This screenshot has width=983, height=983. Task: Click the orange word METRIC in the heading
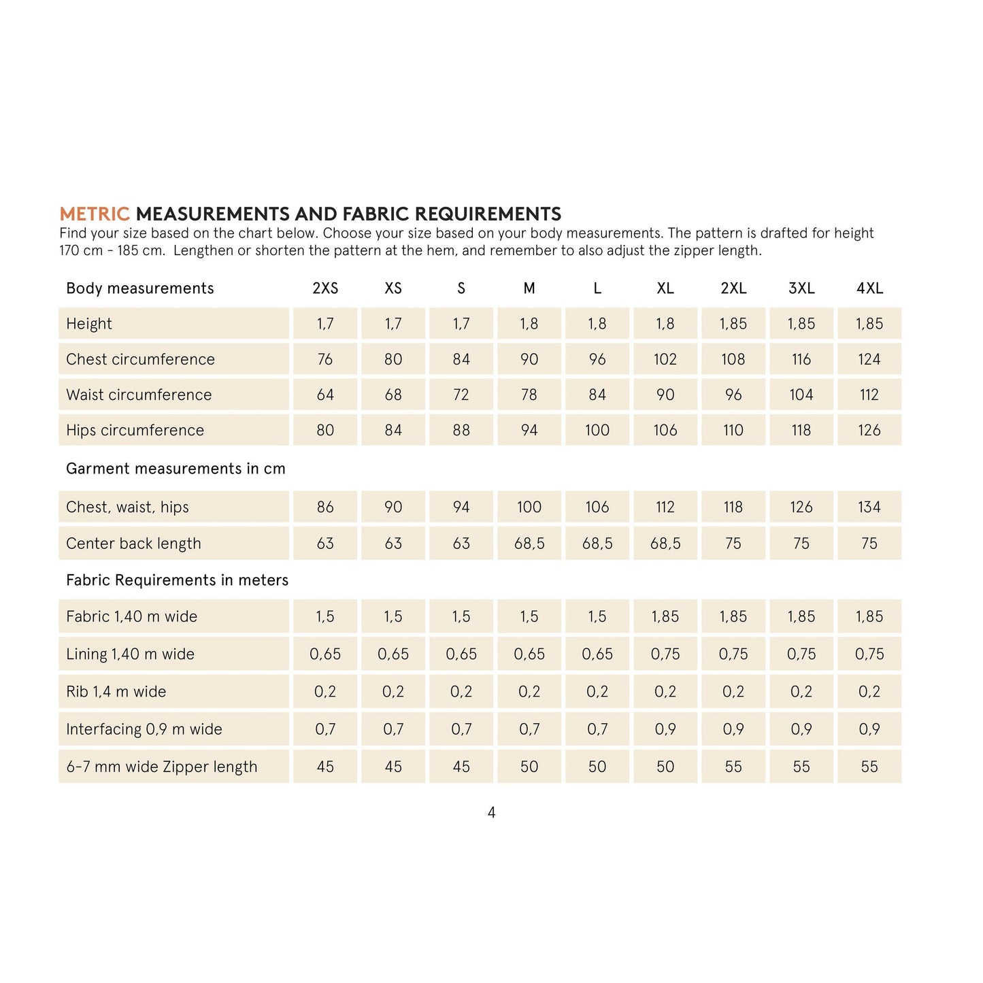[95, 214]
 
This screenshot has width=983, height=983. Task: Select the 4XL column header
[869, 288]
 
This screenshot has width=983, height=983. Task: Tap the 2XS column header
[325, 288]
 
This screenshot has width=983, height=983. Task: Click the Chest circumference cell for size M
[529, 359]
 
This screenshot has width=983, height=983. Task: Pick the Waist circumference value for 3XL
[801, 395]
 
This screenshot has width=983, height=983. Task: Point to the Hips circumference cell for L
[597, 430]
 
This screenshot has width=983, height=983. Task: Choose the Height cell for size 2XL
[733, 324]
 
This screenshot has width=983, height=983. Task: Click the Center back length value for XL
[665, 544]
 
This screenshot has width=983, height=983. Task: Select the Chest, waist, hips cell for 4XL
[869, 507]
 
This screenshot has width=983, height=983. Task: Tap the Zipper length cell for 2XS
[325, 767]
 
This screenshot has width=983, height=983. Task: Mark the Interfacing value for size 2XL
[733, 729]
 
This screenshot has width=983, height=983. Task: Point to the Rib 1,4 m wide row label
[116, 692]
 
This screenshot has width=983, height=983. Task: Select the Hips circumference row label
[135, 430]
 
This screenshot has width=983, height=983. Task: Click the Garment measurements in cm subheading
[176, 469]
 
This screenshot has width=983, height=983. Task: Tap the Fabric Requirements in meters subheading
[177, 580]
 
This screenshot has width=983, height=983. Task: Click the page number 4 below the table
[492, 812]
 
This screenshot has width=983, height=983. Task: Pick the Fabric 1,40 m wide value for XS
[393, 616]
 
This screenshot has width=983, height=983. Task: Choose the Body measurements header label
[139, 288]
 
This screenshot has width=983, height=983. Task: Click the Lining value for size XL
[665, 654]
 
